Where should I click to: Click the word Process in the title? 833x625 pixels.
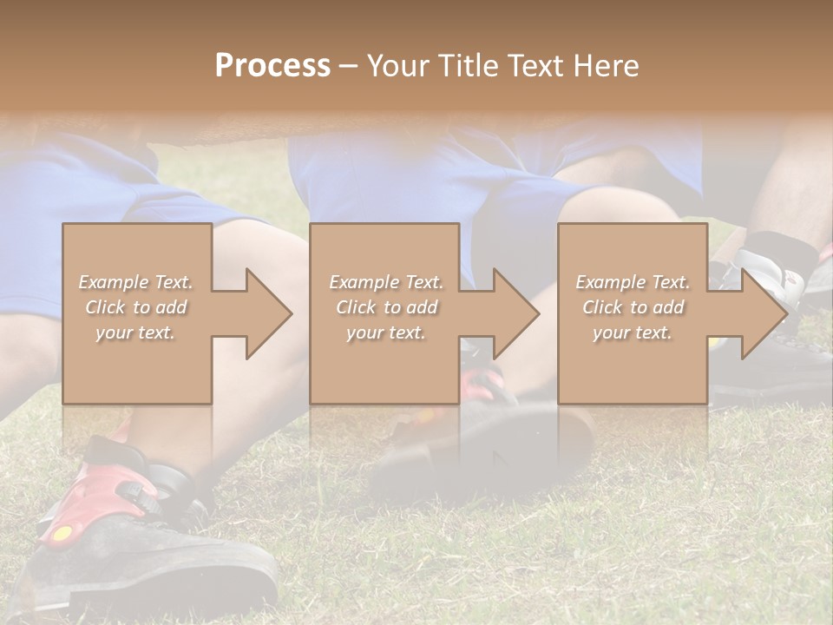[272, 66]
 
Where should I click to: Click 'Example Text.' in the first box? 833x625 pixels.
[136, 282]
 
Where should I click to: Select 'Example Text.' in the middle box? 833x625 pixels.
[386, 282]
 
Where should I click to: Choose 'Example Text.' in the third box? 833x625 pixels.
[633, 282]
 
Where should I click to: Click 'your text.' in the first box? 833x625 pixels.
[135, 332]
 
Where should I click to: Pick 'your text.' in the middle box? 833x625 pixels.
[385, 332]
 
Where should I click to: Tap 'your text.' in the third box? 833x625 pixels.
[632, 332]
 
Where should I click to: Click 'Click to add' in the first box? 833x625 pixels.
[136, 307]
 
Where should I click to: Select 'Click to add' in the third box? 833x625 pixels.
[633, 307]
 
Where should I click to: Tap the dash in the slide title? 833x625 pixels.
[349, 66]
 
